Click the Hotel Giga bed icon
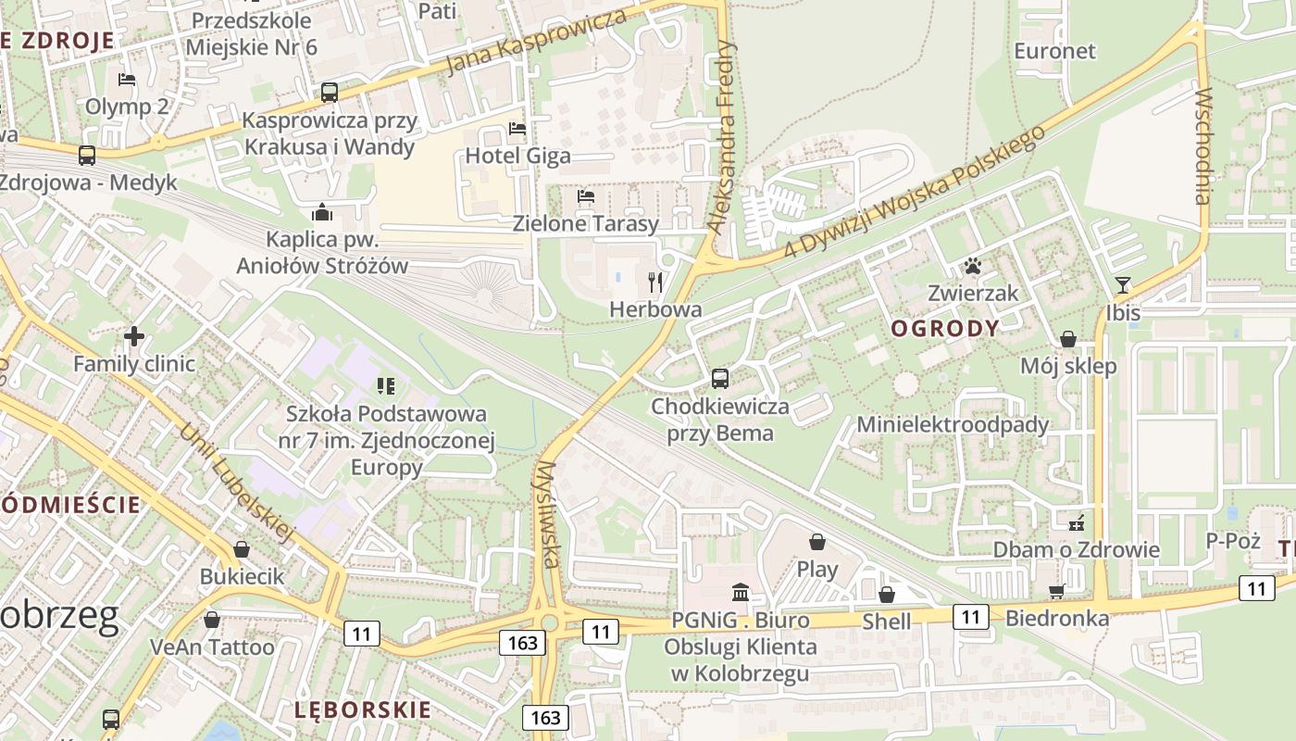pyautogui.click(x=517, y=128)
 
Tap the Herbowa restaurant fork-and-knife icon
pyautogui.click(x=655, y=282)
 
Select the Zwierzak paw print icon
pyautogui.click(x=972, y=267)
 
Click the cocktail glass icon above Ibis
pyautogui.click(x=1123, y=285)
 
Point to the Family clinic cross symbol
pyautogui.click(x=134, y=335)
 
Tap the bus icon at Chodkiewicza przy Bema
pyautogui.click(x=720, y=378)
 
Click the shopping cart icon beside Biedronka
pyautogui.click(x=1056, y=591)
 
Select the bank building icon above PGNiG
pyautogui.click(x=741, y=592)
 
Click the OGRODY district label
pyautogui.click(x=945, y=328)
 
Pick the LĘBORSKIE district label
pyautogui.click(x=363, y=710)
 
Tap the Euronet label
pyautogui.click(x=1054, y=51)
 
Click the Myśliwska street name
pyautogui.click(x=548, y=514)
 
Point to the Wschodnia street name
pyautogui.click(x=1203, y=146)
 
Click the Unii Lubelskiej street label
pyautogui.click(x=236, y=482)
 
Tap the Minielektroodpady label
pyautogui.click(x=953, y=424)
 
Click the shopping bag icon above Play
pyautogui.click(x=817, y=541)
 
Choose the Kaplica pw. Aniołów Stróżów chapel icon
pyautogui.click(x=322, y=212)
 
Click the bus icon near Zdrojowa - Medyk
pyautogui.click(x=87, y=155)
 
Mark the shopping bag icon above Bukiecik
pyautogui.click(x=242, y=549)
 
